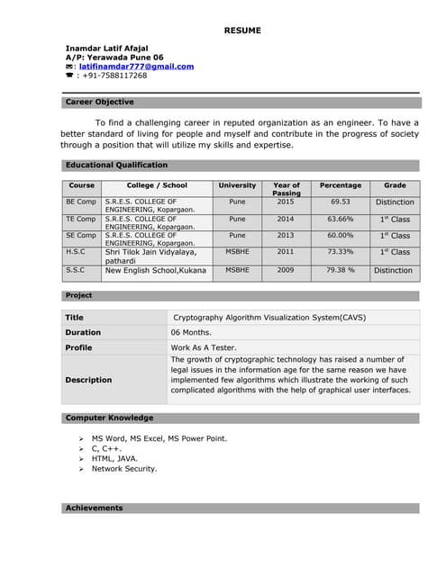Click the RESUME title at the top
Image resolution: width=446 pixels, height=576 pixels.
tap(242, 31)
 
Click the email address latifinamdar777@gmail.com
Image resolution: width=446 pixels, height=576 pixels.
tap(136, 66)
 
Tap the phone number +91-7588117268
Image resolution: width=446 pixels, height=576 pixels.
tap(113, 76)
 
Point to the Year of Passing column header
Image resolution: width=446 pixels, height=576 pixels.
tap(286, 189)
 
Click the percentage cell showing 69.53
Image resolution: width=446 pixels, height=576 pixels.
tap(340, 202)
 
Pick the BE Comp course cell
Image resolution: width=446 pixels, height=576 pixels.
tap(81, 202)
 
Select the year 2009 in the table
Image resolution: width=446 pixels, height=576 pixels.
tap(286, 270)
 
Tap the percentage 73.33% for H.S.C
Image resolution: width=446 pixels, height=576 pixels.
tap(340, 252)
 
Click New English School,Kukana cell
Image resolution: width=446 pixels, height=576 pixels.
tap(156, 270)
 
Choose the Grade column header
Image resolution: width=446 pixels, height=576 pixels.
tap(395, 185)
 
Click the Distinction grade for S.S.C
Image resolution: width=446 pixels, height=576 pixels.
tap(394, 270)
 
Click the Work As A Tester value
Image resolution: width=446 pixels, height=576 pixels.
tap(205, 347)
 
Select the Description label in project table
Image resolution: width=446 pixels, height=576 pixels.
tap(88, 380)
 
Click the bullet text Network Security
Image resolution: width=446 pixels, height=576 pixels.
tap(124, 468)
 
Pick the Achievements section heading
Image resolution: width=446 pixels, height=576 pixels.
tap(95, 508)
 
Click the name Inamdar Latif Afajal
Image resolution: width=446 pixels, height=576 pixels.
tap(107, 47)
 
